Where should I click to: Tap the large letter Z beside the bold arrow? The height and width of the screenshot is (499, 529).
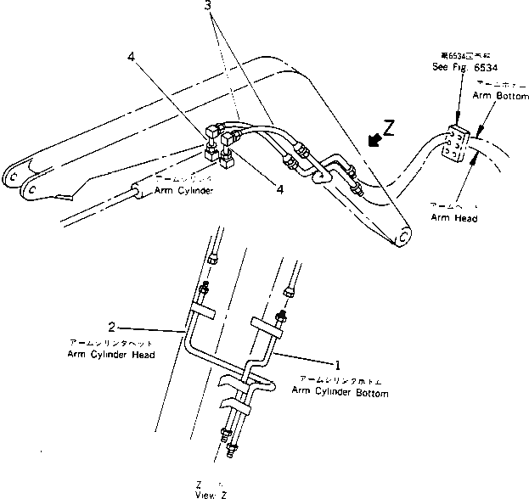click(x=389, y=127)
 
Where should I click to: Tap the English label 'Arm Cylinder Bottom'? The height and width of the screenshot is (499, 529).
click(x=340, y=393)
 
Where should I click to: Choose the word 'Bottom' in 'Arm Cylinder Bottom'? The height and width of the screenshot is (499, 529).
click(x=370, y=393)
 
